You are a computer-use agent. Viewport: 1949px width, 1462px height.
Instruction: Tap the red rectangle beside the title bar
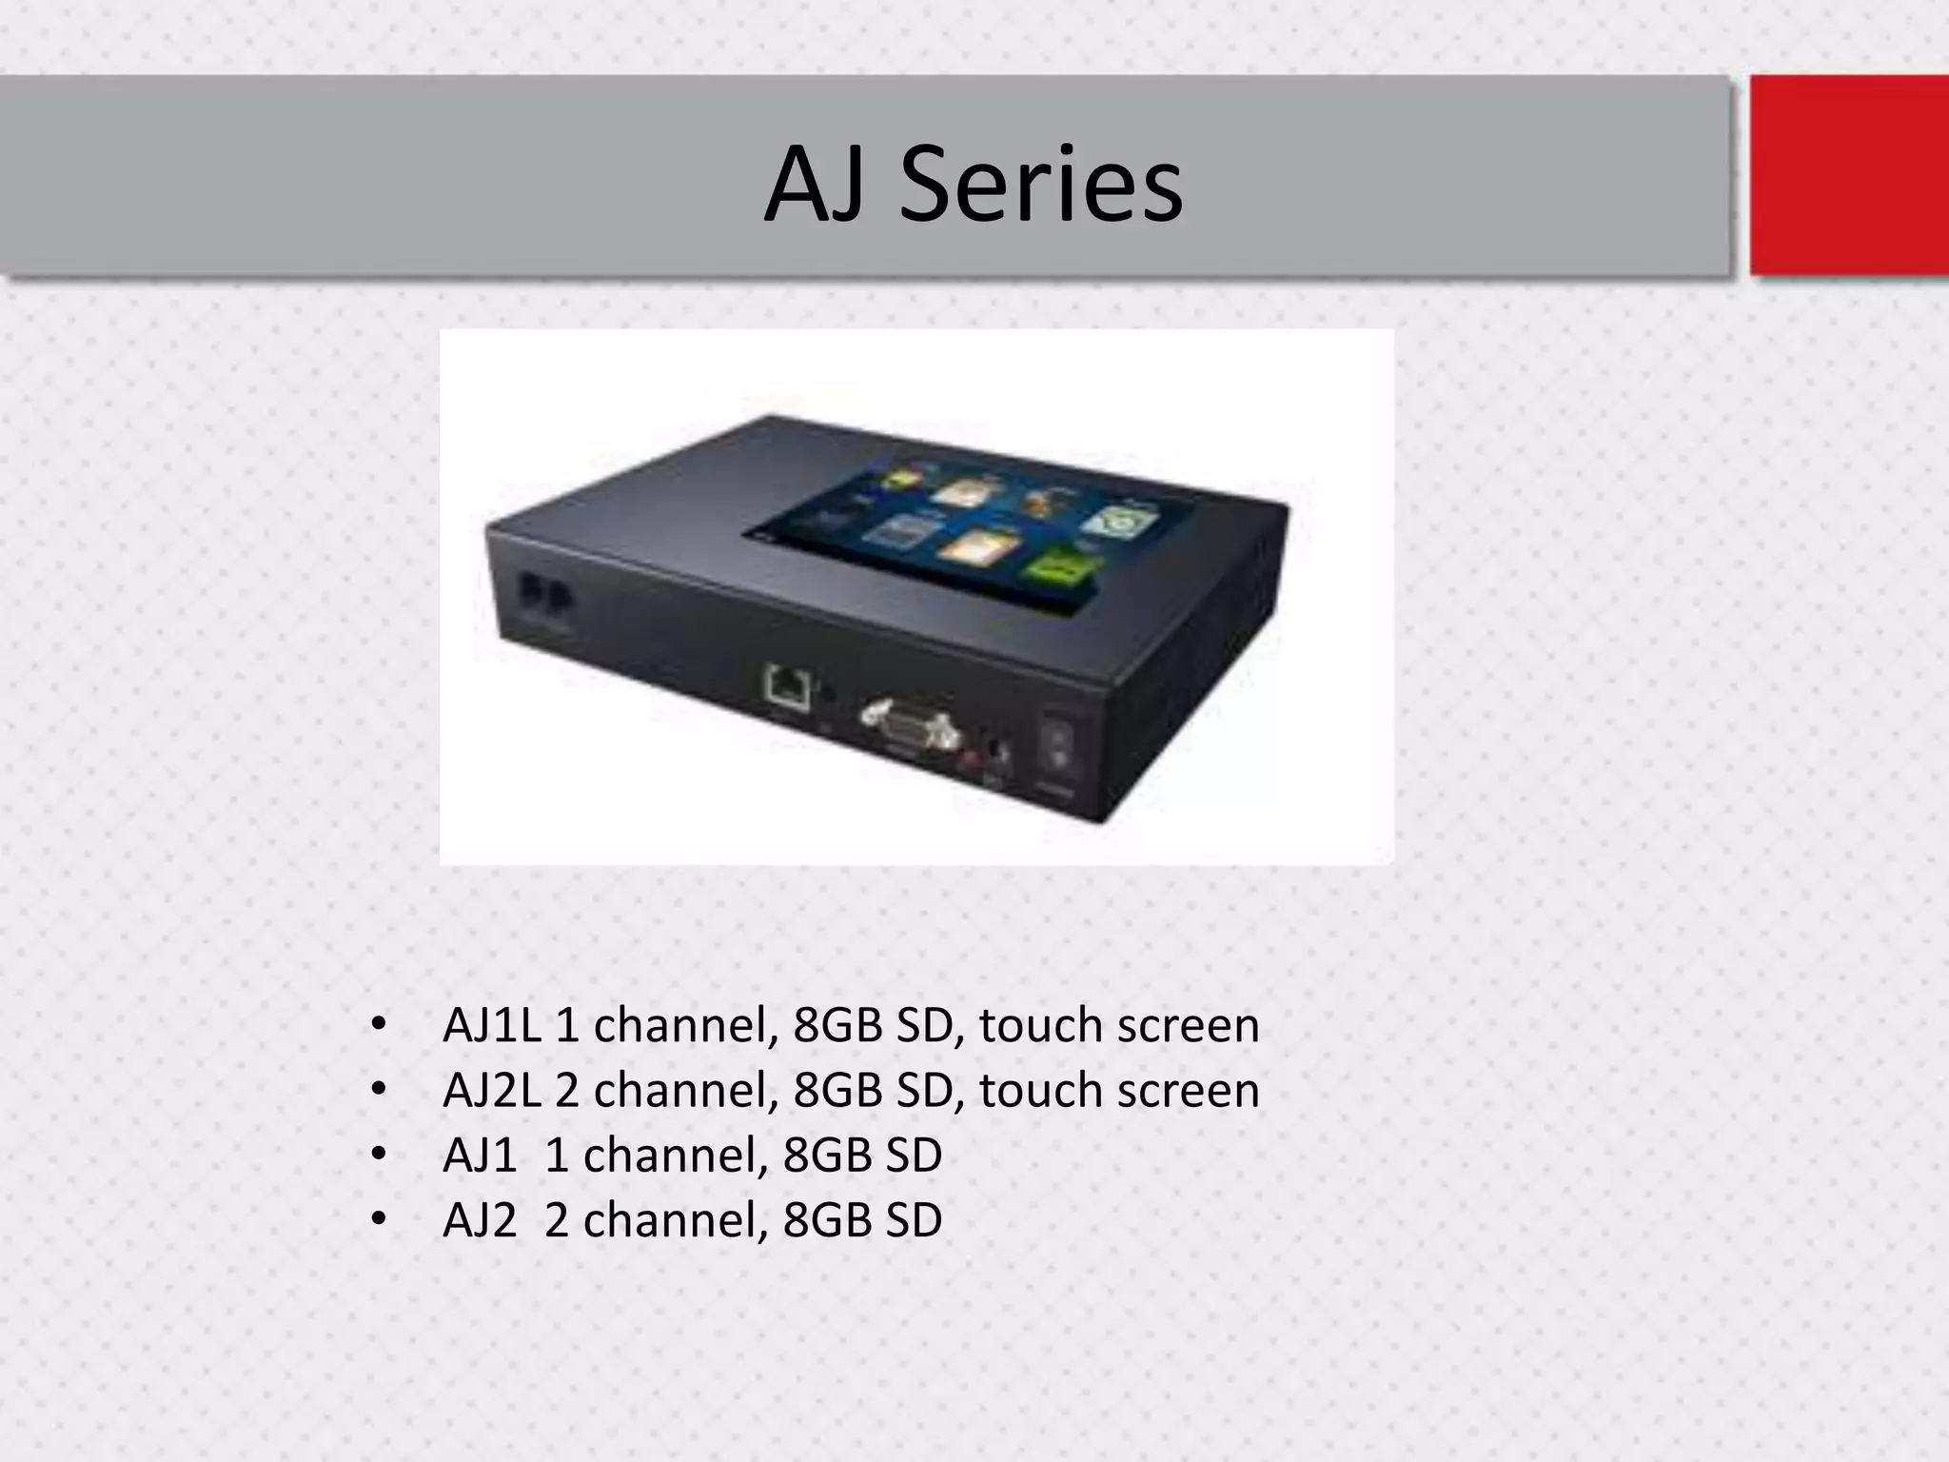(1848, 175)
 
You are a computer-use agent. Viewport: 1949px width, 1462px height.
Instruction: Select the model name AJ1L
(492, 1026)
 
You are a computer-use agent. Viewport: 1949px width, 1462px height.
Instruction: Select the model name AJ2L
(492, 1091)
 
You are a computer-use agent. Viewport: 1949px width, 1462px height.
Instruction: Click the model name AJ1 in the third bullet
(480, 1156)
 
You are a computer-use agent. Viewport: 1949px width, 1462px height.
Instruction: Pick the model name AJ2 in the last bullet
(480, 1220)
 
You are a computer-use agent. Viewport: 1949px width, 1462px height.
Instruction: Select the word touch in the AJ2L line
(1040, 1091)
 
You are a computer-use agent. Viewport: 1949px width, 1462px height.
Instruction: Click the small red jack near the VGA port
(971, 758)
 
